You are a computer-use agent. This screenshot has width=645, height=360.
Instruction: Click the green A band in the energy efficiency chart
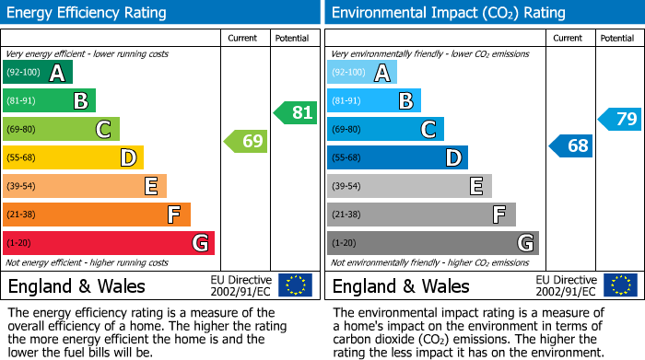coord(37,73)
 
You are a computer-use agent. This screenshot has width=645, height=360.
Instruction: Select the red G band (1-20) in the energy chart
coord(108,243)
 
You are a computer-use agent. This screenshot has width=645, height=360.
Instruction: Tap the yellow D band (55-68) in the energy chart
coord(73,158)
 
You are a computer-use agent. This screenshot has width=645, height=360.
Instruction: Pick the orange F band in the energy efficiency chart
coord(96,215)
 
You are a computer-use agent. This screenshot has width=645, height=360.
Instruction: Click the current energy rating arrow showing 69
coord(245,142)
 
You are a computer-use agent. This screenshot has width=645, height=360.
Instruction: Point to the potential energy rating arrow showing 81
coord(295,113)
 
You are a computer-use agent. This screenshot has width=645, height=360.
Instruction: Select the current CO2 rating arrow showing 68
coord(570,145)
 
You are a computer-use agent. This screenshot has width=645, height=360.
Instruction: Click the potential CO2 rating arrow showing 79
coord(619,119)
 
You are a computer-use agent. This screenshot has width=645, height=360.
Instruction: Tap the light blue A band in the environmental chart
coord(361,73)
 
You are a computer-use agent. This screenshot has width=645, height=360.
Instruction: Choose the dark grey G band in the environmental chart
coord(432,243)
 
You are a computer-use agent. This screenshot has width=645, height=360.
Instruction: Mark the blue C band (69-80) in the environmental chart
coord(385,130)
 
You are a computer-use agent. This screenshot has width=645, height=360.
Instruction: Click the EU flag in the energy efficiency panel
coord(295,285)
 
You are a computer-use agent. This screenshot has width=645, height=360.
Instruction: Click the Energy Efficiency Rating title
coord(88,13)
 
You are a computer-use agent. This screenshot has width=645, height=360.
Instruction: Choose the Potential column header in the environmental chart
coord(617,38)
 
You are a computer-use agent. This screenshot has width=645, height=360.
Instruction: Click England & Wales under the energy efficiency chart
coord(76,286)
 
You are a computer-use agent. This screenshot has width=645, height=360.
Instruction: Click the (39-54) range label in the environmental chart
coord(347,186)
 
